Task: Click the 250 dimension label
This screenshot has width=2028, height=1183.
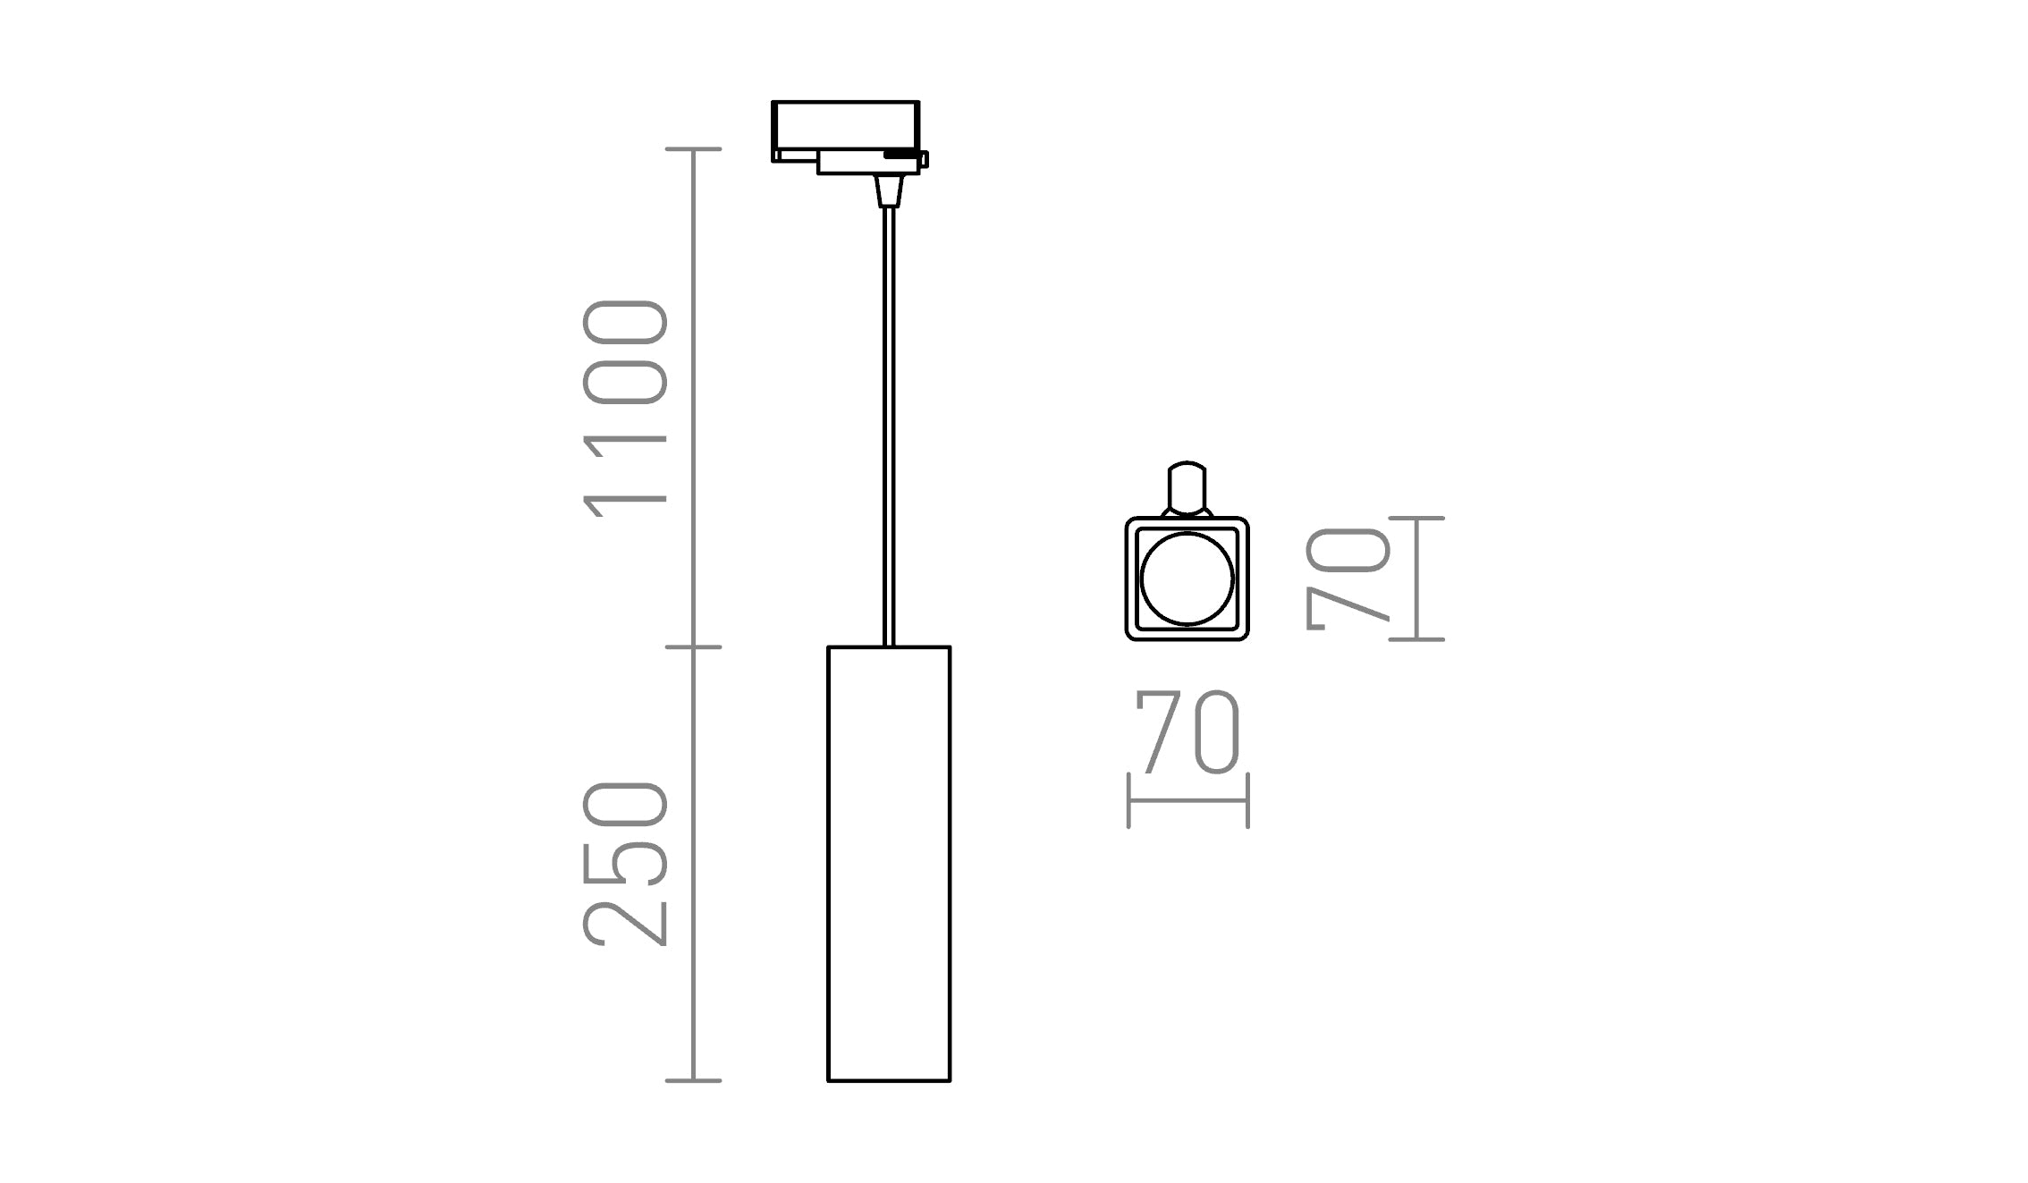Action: (x=625, y=864)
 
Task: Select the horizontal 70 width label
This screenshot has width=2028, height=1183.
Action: (x=1187, y=731)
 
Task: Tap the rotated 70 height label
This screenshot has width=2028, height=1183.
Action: (x=1348, y=579)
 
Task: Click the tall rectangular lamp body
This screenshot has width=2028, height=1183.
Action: (x=889, y=864)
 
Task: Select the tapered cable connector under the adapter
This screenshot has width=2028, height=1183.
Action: (x=889, y=190)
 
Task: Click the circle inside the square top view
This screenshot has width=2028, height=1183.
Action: (x=1187, y=579)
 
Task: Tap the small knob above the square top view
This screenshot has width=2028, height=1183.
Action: (x=1187, y=488)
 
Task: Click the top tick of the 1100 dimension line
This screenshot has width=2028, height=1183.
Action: (x=694, y=149)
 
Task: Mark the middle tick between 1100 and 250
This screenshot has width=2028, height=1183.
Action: (x=694, y=646)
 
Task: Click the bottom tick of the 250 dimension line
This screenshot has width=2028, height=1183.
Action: (x=694, y=1081)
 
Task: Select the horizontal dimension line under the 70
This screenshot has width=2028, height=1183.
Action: (x=1187, y=800)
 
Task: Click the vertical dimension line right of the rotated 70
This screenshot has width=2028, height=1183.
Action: (x=1416, y=579)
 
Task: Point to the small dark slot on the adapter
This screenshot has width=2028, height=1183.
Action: (x=900, y=156)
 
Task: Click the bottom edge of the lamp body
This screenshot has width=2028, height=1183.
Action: (x=889, y=1081)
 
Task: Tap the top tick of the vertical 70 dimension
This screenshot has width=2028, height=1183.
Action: (x=1416, y=518)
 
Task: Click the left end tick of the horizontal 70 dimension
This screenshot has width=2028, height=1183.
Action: (x=1128, y=800)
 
